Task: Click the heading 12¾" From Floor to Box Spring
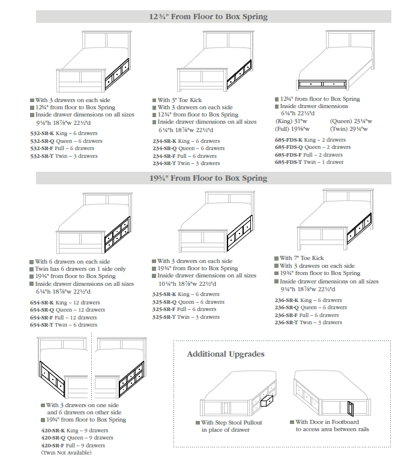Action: [208, 17]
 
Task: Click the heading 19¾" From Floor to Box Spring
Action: [208, 178]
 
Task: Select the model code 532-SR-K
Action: [42, 133]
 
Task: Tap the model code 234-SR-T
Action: [164, 163]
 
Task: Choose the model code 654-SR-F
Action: [42, 317]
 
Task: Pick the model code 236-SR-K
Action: [287, 300]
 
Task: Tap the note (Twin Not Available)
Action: [66, 453]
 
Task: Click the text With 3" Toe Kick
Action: [179, 100]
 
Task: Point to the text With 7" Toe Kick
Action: [302, 259]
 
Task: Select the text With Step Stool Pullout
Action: [231, 423]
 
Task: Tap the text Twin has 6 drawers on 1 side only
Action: [80, 269]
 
